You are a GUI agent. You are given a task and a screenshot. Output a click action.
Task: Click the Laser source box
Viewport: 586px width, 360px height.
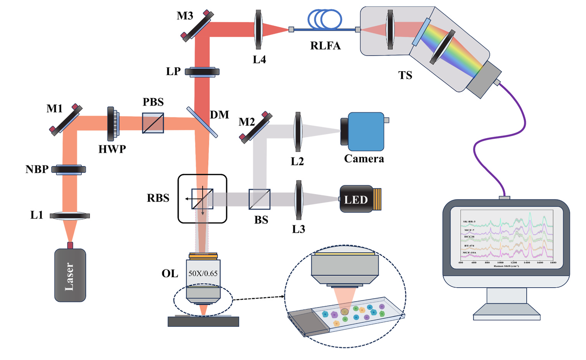pyautogui.click(x=70, y=275)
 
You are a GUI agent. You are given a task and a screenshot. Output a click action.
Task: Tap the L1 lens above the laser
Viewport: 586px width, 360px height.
pyautogui.click(x=70, y=216)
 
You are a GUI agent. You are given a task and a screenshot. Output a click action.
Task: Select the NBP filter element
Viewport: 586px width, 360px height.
pyautogui.click(x=69, y=169)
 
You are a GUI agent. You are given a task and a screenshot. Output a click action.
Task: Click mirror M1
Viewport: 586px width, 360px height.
pyautogui.click(x=66, y=119)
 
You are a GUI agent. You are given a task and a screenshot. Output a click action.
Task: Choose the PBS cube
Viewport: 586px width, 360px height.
pyautogui.click(x=153, y=123)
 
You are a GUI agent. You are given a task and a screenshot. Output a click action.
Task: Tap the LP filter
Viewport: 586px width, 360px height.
pyautogui.click(x=202, y=72)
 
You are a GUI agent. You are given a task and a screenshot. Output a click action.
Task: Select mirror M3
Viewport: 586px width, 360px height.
pyautogui.click(x=197, y=25)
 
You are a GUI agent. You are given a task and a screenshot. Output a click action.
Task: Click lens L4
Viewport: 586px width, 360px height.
pyautogui.click(x=258, y=29)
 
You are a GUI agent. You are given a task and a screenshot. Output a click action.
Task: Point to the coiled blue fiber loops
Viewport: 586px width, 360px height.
pyautogui.click(x=324, y=19)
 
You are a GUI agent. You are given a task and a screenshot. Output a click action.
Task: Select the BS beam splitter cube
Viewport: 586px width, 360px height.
pyautogui.click(x=259, y=199)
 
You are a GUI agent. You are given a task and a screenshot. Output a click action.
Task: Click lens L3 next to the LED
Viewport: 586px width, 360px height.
pyautogui.click(x=299, y=200)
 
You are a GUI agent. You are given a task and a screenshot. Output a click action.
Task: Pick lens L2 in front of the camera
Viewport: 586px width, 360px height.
pyautogui.click(x=297, y=132)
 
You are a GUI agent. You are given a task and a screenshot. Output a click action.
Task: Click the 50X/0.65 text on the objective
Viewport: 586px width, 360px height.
pyautogui.click(x=203, y=273)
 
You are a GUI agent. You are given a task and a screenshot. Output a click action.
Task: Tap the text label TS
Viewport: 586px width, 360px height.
pyautogui.click(x=405, y=75)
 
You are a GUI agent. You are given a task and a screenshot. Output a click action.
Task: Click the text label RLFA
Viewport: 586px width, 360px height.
pyautogui.click(x=325, y=46)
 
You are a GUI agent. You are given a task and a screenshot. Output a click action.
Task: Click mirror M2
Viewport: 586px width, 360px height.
pyautogui.click(x=256, y=127)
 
